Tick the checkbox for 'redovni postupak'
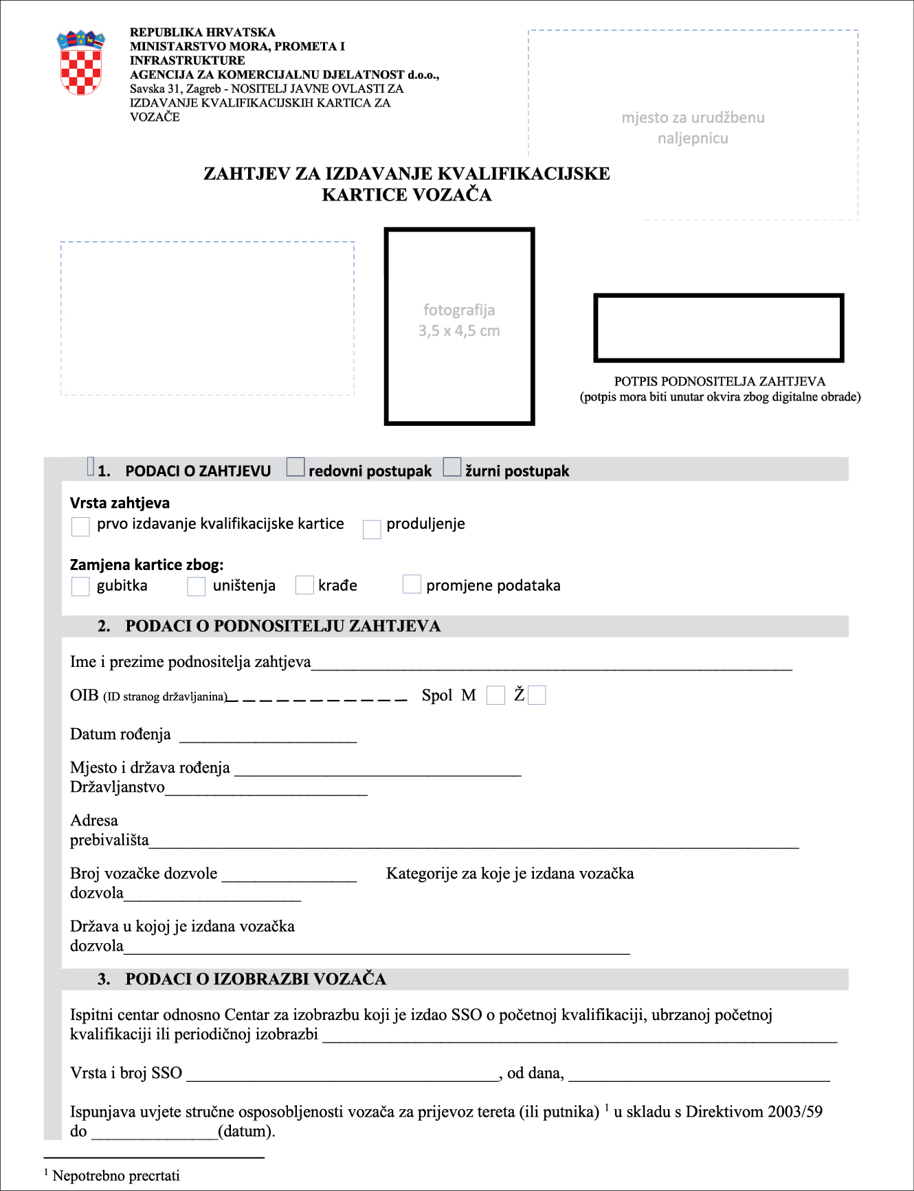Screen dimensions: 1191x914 pos(296,467)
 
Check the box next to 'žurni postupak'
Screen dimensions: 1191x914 pos(452,467)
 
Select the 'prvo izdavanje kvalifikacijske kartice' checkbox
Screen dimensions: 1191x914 pos(80,527)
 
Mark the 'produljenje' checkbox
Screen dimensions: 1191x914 pos(372,529)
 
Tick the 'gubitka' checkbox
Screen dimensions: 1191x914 pos(80,587)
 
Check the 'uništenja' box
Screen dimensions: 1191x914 pos(197,587)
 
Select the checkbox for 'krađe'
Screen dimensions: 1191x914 pos(304,585)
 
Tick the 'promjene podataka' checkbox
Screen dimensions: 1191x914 pos(412,584)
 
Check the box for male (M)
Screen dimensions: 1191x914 pos(495,695)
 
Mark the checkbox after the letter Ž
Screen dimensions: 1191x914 pos(537,695)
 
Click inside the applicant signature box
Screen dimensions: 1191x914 pos(718,328)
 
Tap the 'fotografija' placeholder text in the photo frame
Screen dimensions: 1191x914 pos(459,310)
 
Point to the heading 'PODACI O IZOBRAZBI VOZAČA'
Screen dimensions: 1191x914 pos(255,979)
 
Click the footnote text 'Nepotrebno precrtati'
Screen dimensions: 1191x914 pos(116,1175)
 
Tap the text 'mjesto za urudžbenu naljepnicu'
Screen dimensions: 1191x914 pos(693,128)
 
